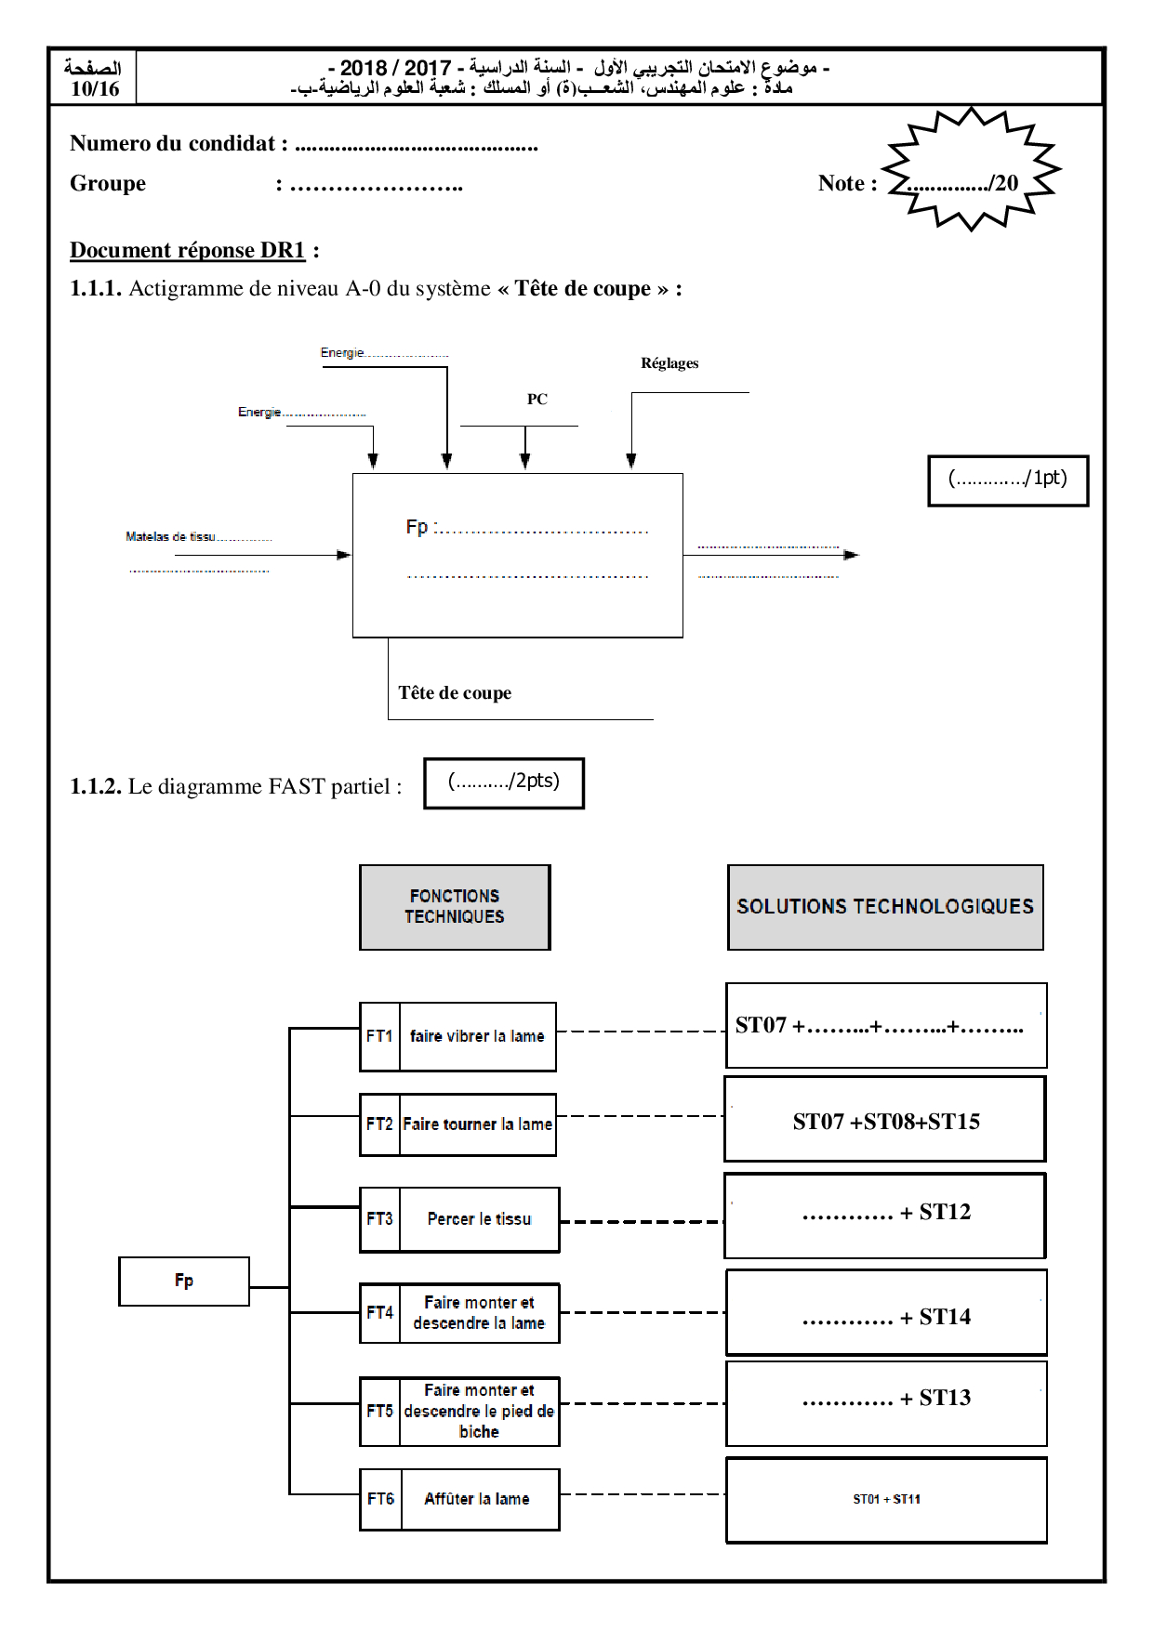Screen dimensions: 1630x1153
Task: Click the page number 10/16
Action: pyautogui.click(x=95, y=89)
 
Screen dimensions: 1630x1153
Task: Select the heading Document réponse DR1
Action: pyautogui.click(x=188, y=250)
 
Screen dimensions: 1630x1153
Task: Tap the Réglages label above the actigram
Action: pyautogui.click(x=669, y=363)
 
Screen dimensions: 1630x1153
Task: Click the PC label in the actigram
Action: pyautogui.click(x=537, y=400)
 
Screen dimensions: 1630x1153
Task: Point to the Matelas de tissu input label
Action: pyautogui.click(x=171, y=536)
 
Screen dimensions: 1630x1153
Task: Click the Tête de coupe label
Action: pyautogui.click(x=455, y=693)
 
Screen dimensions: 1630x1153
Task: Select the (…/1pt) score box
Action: pyautogui.click(x=1008, y=480)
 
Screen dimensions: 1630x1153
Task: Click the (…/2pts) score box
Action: pyautogui.click(x=504, y=782)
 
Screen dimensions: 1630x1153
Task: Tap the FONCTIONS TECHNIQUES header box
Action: pyautogui.click(x=455, y=907)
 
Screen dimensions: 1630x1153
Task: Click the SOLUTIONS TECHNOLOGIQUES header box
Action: pyautogui.click(x=885, y=907)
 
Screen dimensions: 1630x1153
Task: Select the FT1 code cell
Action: pyautogui.click(x=379, y=1036)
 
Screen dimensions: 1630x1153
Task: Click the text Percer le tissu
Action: pyautogui.click(x=479, y=1219)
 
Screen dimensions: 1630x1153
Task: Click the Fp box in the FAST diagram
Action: pyautogui.click(x=184, y=1281)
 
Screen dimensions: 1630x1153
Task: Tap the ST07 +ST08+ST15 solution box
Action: pyautogui.click(x=885, y=1121)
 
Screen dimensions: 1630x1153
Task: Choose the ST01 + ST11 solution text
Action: pyautogui.click(x=886, y=1499)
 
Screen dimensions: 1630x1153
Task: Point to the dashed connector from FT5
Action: pyautogui.click(x=642, y=1403)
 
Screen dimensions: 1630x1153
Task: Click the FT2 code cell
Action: pyautogui.click(x=379, y=1124)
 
